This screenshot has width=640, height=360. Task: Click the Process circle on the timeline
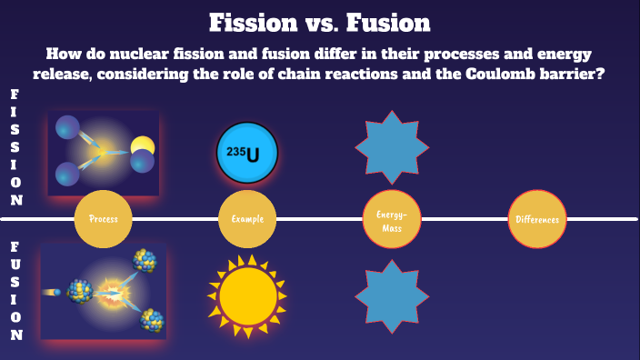tap(103, 219)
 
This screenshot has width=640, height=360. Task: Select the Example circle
tap(247, 219)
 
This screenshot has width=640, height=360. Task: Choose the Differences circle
tap(536, 219)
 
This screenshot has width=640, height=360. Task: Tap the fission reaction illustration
tap(104, 152)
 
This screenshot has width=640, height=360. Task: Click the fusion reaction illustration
tap(104, 290)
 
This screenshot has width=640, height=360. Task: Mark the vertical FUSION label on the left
tap(16, 290)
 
